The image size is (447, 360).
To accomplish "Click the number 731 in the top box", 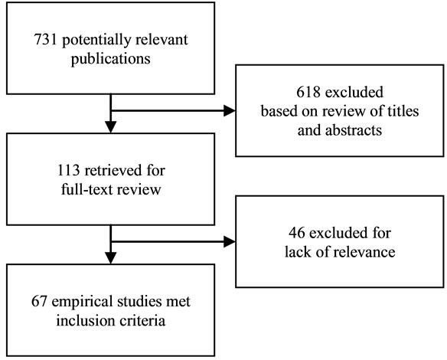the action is [x=46, y=39].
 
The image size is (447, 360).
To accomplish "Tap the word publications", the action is [x=111, y=59].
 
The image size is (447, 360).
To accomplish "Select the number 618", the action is [x=308, y=93].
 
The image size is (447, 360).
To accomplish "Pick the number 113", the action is [x=68, y=171].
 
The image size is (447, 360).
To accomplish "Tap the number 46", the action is [x=297, y=233].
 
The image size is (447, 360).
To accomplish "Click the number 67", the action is [x=39, y=302].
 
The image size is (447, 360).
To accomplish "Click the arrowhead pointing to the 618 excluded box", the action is [x=229, y=111].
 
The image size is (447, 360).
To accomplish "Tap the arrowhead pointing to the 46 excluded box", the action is [x=229, y=242].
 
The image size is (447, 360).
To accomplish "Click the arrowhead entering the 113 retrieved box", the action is [x=111, y=127].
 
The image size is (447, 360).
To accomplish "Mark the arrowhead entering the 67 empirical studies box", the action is [x=111, y=258].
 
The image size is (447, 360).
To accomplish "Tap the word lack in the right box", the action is [x=295, y=252].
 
